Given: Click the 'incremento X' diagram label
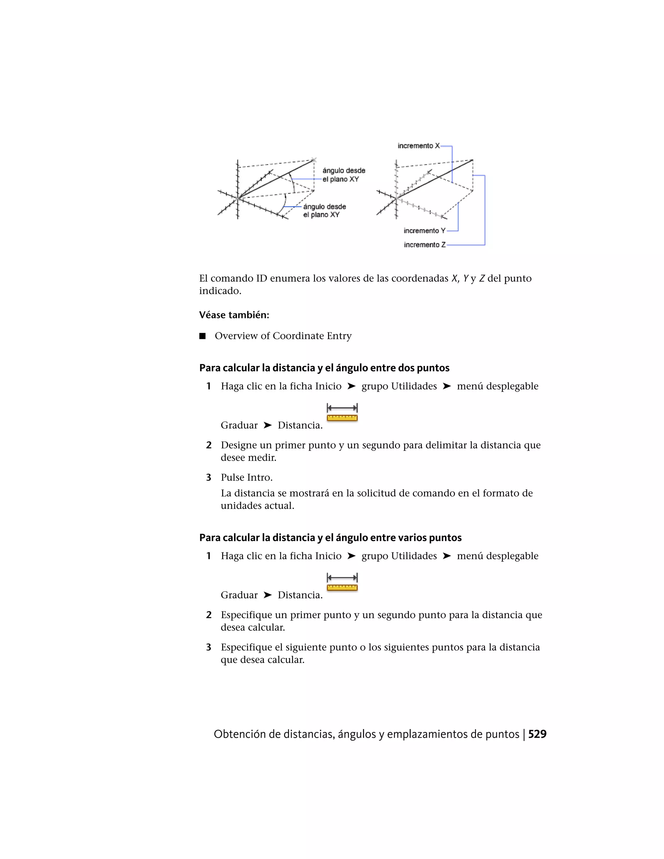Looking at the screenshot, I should pyautogui.click(x=418, y=146).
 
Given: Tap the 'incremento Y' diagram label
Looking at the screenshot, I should pyautogui.click(x=424, y=231).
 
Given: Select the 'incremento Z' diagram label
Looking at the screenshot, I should pyautogui.click(x=424, y=245).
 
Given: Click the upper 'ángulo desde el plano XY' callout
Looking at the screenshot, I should pyautogui.click(x=343, y=175).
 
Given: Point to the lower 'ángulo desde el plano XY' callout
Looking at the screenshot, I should pyautogui.click(x=324, y=210).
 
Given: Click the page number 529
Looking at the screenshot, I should pyautogui.click(x=537, y=734).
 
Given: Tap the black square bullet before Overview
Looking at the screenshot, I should pyautogui.click(x=203, y=336).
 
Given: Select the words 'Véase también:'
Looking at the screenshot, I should pyautogui.click(x=234, y=315).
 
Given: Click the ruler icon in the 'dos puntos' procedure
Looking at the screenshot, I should pyautogui.click(x=342, y=413).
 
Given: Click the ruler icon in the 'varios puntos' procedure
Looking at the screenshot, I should pyautogui.click(x=342, y=582).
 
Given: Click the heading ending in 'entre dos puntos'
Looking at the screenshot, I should pyautogui.click(x=324, y=368).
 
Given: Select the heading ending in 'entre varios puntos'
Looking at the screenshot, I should pyautogui.click(x=330, y=538).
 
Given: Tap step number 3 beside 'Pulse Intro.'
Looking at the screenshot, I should pyautogui.click(x=209, y=477).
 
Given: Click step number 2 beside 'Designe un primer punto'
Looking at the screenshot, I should pyautogui.click(x=209, y=445).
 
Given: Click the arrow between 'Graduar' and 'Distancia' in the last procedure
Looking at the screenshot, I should pyautogui.click(x=267, y=595).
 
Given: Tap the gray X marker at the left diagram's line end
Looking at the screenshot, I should pyautogui.click(x=314, y=160).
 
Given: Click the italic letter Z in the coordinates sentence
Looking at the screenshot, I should pyautogui.click(x=481, y=278).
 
